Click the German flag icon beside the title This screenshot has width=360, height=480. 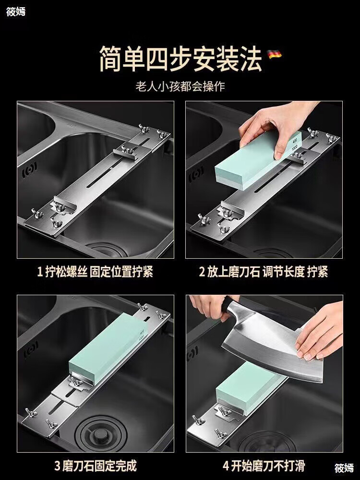[274, 55]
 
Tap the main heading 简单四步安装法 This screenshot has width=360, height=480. [180, 59]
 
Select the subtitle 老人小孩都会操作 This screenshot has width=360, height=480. [180, 86]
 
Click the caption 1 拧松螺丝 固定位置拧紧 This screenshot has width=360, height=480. [95, 272]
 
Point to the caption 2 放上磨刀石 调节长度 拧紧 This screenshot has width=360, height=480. [264, 272]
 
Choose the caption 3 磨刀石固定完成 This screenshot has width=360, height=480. [95, 466]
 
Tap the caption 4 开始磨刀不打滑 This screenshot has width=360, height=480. [264, 466]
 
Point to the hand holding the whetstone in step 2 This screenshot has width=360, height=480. [276, 129]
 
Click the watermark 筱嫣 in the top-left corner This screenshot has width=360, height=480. [16, 12]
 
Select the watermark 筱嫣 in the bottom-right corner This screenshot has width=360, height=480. [344, 468]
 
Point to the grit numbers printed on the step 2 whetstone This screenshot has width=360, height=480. [295, 144]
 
